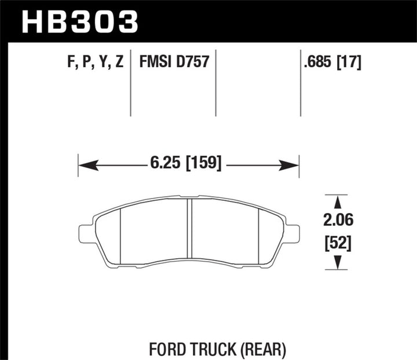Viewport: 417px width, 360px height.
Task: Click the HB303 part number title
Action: [x=80, y=21]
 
